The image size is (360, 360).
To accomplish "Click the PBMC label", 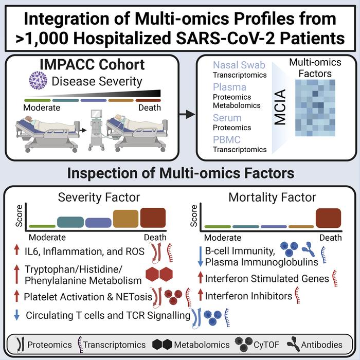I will point(227,139).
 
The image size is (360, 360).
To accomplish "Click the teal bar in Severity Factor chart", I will point(70,222).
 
